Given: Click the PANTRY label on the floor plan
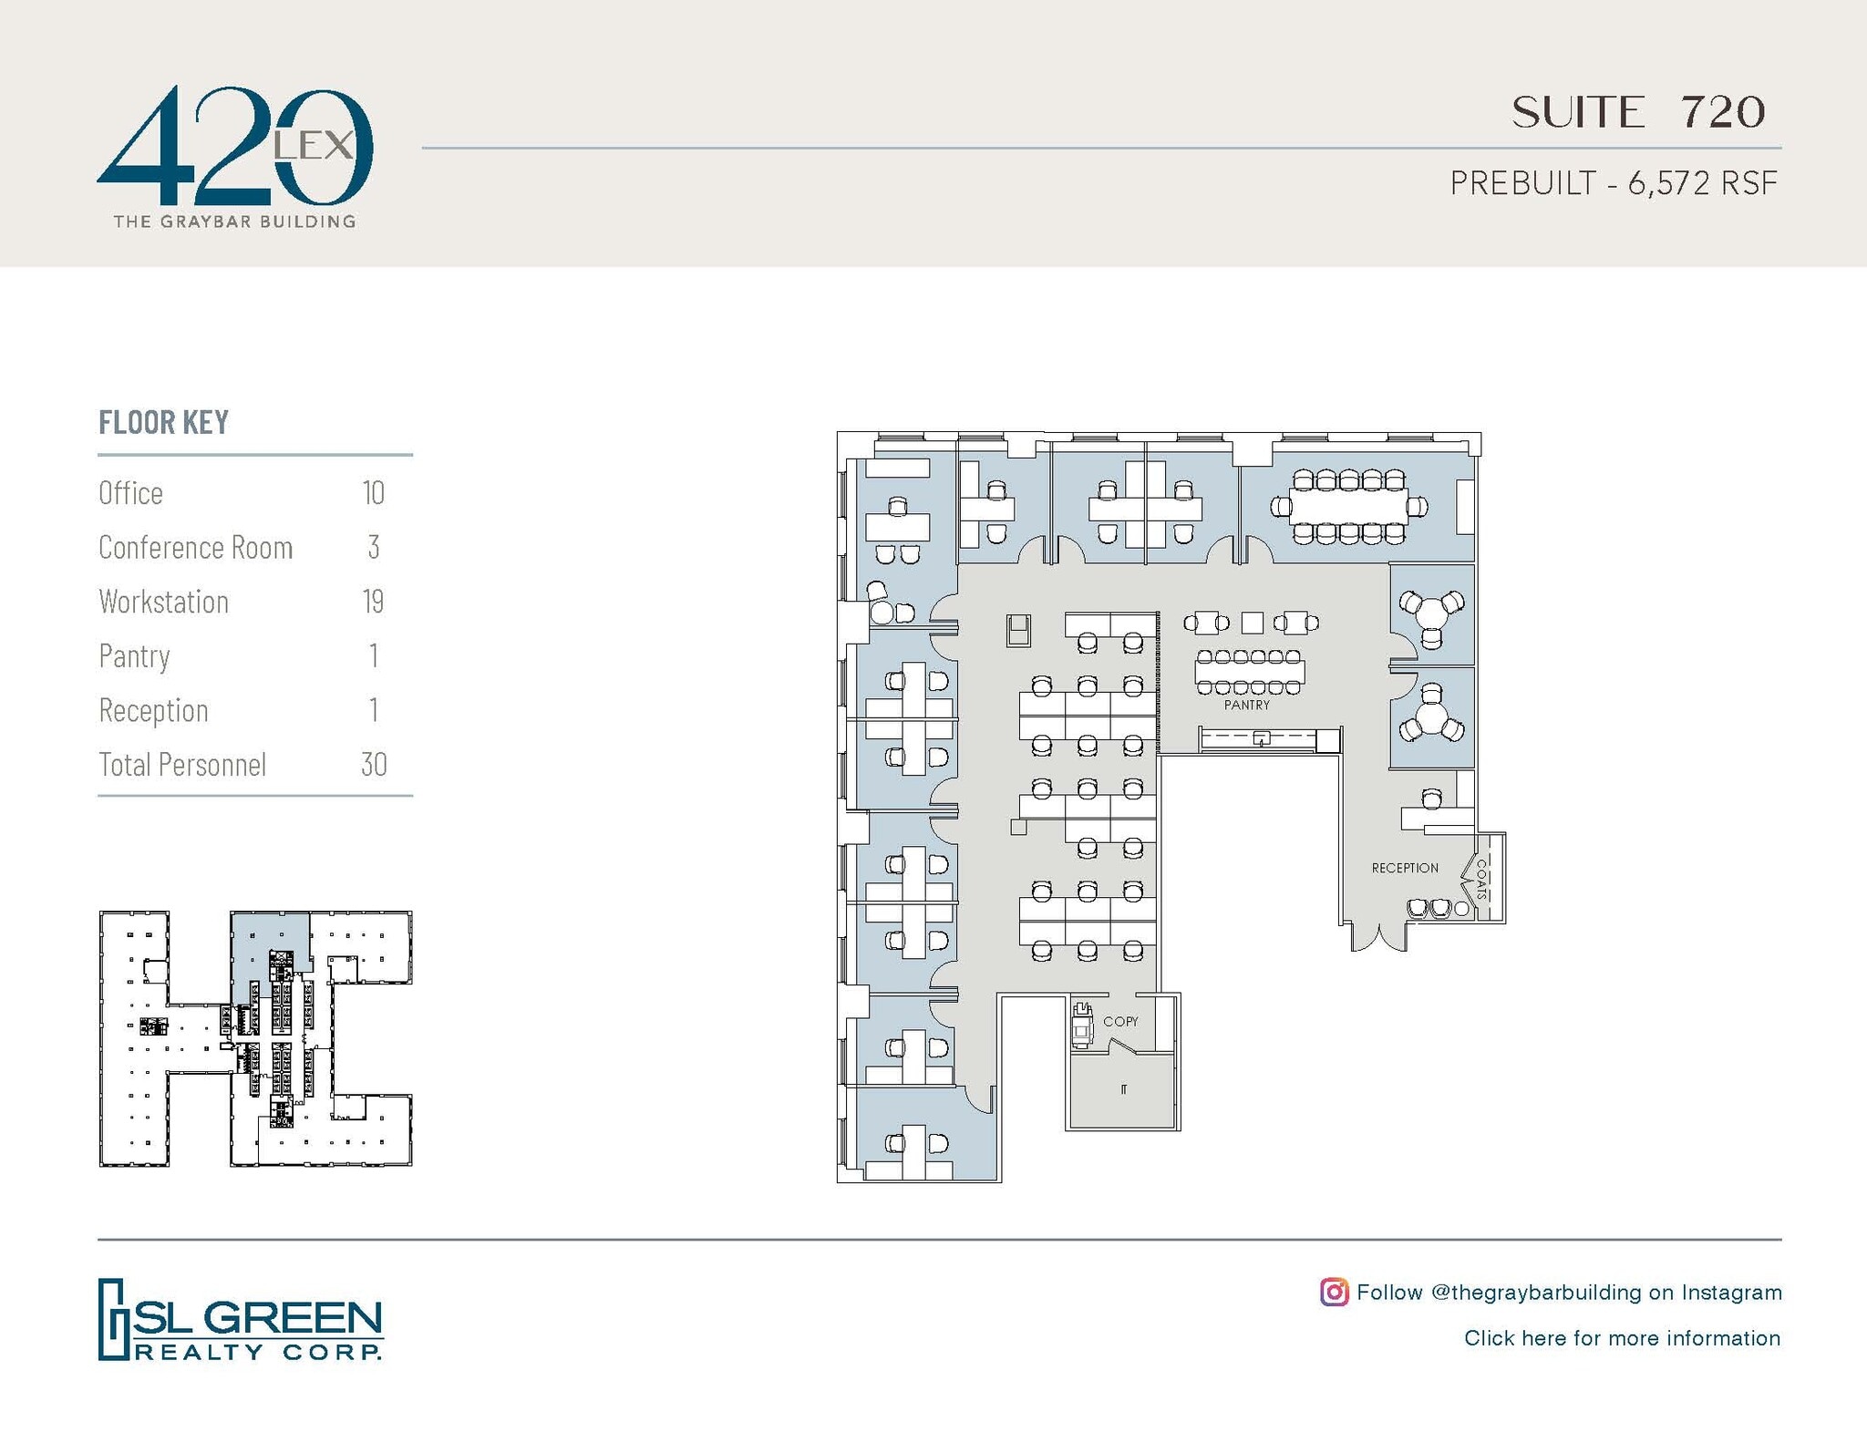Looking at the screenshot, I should pos(1246,705).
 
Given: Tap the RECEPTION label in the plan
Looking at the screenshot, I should pos(1404,868).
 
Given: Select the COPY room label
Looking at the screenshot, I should pos(1120,1021).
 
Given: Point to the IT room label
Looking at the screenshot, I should pos(1123,1089).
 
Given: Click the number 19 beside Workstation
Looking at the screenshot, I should pos(372,602).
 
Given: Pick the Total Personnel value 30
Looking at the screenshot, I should pos(373,764).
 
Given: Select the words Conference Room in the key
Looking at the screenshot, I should pos(195,547).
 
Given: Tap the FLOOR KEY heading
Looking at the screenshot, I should pos(163,422).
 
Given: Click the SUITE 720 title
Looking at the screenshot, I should pos(1638,112).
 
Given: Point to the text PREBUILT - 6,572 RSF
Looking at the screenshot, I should pos(1613,183).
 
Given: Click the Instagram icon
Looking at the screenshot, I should pos(1334,1292).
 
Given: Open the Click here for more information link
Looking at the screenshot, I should pos(1621,1338).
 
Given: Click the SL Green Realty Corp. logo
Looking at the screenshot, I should pos(241,1319).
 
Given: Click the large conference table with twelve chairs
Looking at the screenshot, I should pos(1348,506).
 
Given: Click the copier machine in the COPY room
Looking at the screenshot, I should pos(1082,1025).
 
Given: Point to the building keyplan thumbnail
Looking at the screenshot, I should pos(255,1038).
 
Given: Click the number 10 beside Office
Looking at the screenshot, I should pos(373,493).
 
